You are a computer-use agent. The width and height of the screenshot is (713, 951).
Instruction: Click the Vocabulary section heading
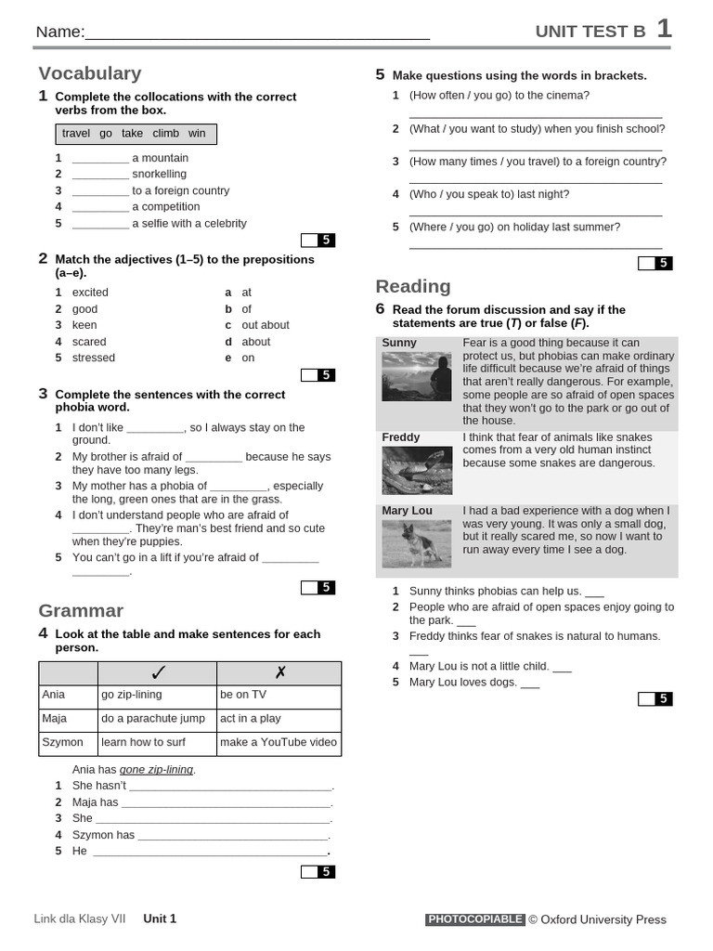[x=90, y=73]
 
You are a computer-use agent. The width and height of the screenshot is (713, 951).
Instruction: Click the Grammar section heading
[x=81, y=610]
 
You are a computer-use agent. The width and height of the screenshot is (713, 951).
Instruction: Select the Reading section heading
[x=413, y=286]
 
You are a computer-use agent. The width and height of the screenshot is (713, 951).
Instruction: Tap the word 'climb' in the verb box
[x=165, y=134]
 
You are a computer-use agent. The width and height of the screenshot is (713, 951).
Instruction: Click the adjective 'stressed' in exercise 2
[x=94, y=358]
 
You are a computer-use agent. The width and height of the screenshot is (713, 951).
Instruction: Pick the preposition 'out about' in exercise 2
[x=266, y=325]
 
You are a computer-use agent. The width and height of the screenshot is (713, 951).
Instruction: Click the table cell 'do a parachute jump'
[x=153, y=719]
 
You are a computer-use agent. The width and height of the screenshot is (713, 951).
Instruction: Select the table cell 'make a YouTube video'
[x=279, y=742]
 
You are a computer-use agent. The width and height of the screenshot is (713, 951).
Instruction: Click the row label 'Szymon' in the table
[x=62, y=742]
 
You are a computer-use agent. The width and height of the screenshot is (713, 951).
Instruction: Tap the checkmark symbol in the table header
[x=157, y=672]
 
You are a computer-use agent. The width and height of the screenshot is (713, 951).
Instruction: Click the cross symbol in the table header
[x=279, y=672]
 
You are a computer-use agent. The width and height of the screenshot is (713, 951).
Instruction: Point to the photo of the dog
[x=416, y=544]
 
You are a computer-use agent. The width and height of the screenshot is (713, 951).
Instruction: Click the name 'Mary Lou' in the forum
[x=407, y=511]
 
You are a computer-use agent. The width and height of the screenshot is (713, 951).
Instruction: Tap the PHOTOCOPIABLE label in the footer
[x=475, y=919]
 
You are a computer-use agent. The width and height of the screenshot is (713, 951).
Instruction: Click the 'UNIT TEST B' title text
[x=590, y=32]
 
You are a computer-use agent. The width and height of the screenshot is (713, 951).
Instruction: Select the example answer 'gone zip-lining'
[x=157, y=770]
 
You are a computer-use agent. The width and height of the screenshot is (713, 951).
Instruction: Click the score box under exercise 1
[x=318, y=240]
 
